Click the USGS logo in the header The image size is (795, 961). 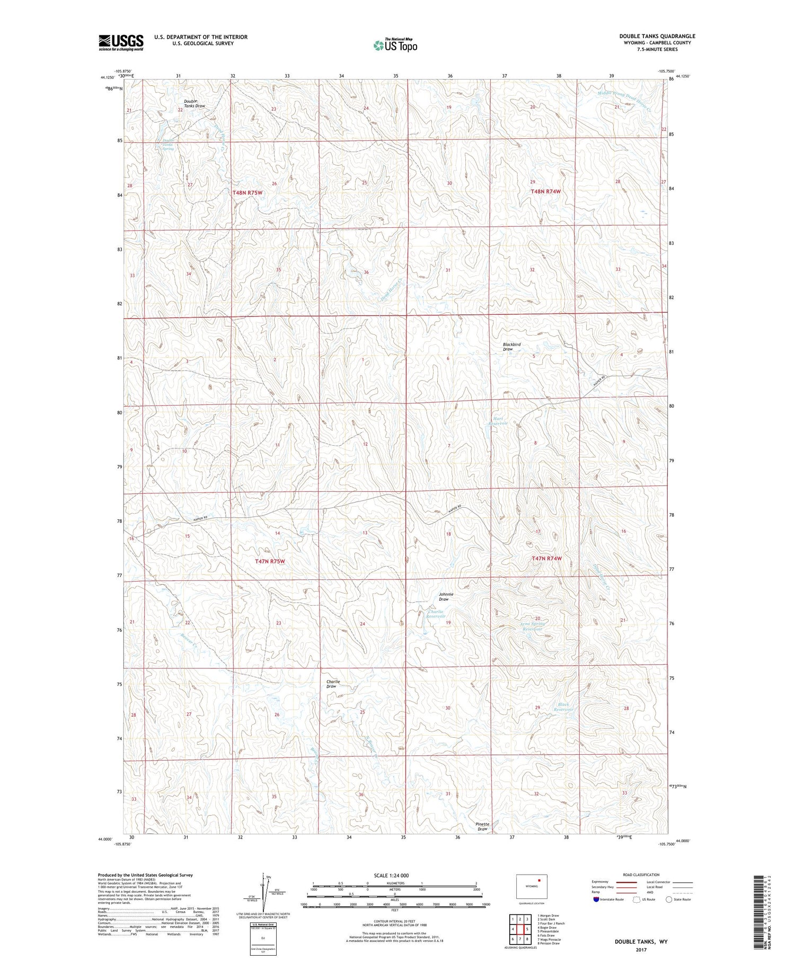click(x=121, y=42)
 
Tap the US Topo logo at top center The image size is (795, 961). click(x=395, y=46)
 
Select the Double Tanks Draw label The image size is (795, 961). click(x=194, y=103)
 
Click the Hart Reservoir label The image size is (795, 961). click(x=498, y=421)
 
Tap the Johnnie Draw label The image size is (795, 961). click(x=446, y=596)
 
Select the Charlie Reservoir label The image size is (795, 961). click(x=436, y=614)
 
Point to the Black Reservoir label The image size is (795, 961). click(x=563, y=707)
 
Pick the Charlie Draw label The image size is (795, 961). click(x=332, y=684)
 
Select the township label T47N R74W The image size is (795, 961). click(x=546, y=558)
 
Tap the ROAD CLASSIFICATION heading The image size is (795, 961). click(x=641, y=875)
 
